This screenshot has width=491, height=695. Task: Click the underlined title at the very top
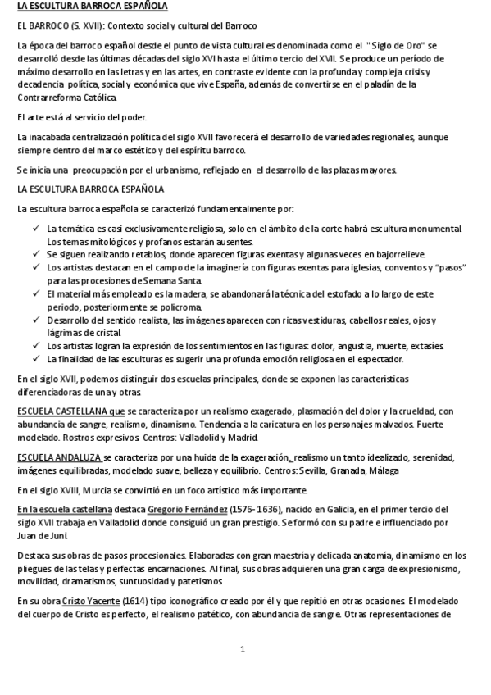point(92,7)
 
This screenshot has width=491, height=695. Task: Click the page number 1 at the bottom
point(243,650)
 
